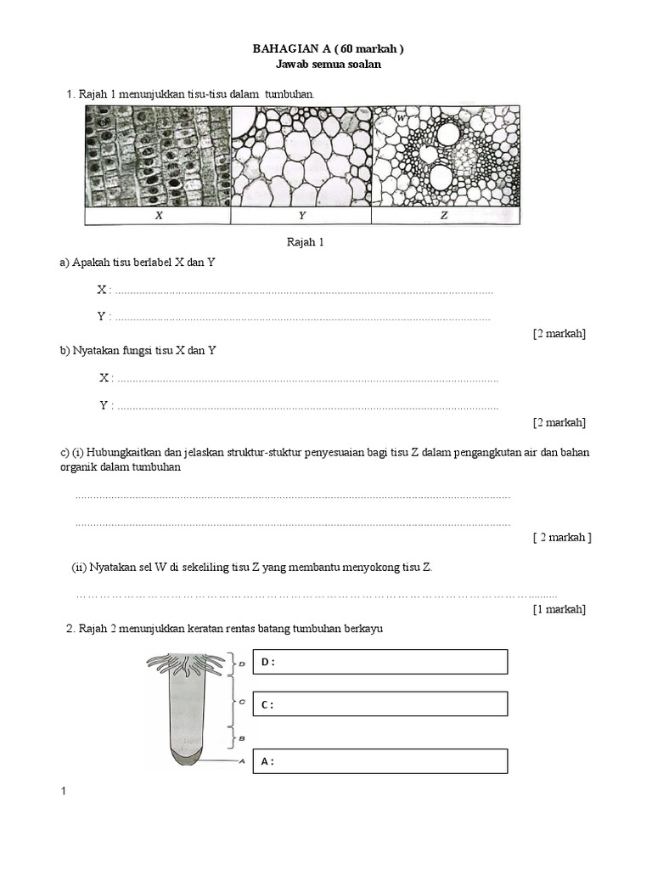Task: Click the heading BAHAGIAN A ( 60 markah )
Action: pyautogui.click(x=328, y=49)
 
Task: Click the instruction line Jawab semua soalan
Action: pyautogui.click(x=328, y=65)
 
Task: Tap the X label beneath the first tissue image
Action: pyautogui.click(x=158, y=216)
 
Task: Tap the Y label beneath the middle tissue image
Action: pyautogui.click(x=301, y=216)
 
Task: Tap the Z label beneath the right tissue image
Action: pyautogui.click(x=445, y=216)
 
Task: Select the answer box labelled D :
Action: pyautogui.click(x=380, y=662)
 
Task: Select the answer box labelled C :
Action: pyautogui.click(x=380, y=704)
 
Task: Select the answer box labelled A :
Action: pyautogui.click(x=380, y=761)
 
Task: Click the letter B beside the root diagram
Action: pyautogui.click(x=242, y=738)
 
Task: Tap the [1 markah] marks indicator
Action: pyautogui.click(x=559, y=609)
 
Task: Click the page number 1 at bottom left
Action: pyautogui.click(x=64, y=792)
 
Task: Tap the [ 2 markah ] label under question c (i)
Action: pyautogui.click(x=561, y=537)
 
